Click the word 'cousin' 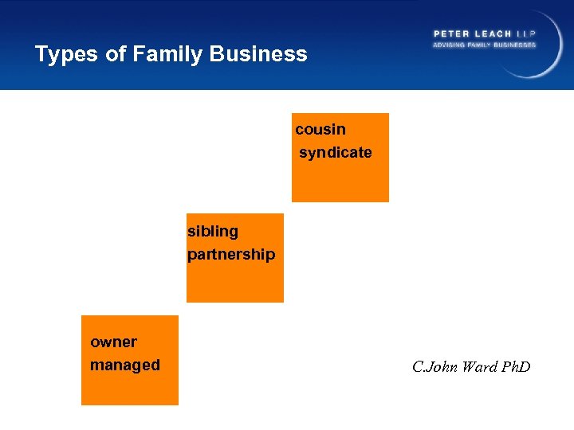point(320,129)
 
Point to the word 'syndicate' point(336,152)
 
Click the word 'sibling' point(213,231)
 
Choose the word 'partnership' point(231,254)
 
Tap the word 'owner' point(113,342)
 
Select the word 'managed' point(125,365)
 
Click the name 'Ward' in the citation point(478,366)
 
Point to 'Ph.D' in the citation point(515,366)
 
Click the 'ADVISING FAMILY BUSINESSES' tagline point(485,45)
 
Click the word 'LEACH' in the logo point(494,33)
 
